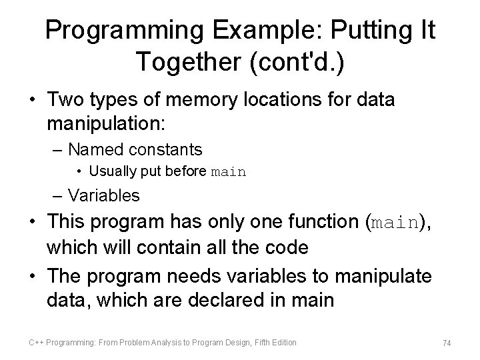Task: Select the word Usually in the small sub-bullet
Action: pyautogui.click(x=110, y=171)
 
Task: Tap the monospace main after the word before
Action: pyautogui.click(x=229, y=172)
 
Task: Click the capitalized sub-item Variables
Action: pyautogui.click(x=104, y=195)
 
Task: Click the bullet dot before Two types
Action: pyautogui.click(x=31, y=101)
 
